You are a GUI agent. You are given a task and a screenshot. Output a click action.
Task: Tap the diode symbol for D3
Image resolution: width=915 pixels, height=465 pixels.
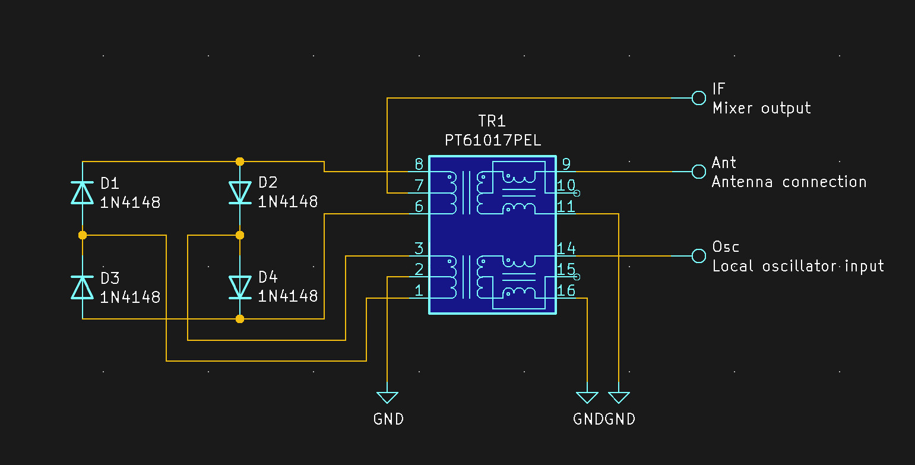point(83,287)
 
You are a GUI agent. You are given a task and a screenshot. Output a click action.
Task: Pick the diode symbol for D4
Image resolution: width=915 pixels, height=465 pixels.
point(240,287)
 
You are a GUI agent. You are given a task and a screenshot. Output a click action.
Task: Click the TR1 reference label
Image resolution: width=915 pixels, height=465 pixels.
point(492,122)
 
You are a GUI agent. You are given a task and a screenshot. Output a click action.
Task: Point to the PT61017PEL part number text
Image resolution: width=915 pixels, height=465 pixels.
point(492,141)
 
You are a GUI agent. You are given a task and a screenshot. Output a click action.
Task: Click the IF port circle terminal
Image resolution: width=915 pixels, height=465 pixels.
point(699,98)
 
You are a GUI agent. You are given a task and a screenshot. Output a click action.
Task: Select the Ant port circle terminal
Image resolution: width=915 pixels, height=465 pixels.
point(699,172)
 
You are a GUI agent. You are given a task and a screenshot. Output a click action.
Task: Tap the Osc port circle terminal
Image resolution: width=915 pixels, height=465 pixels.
point(699,256)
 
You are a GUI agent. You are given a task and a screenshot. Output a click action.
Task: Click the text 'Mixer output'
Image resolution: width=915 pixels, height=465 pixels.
point(761,108)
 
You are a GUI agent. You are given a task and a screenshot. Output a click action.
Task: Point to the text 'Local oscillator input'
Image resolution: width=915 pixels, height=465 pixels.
point(797,266)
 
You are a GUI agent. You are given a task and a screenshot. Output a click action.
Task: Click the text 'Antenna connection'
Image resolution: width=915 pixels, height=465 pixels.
point(789,182)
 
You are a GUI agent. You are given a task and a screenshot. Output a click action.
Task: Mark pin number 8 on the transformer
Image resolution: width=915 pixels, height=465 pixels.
point(419,165)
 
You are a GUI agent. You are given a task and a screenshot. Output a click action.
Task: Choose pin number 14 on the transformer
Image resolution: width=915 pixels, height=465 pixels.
point(566,249)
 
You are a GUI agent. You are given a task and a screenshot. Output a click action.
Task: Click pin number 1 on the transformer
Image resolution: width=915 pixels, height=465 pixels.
point(419,291)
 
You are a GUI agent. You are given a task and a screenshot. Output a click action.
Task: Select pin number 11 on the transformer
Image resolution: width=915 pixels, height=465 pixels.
point(566,207)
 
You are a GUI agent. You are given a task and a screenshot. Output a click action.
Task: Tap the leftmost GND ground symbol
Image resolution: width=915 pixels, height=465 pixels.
point(387,398)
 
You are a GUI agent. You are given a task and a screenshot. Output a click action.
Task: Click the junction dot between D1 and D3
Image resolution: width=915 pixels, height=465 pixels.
point(83,235)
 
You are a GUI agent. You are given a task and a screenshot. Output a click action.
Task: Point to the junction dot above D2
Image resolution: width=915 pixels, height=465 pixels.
point(240,162)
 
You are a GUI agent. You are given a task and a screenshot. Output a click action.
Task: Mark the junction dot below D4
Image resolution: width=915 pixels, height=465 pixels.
point(240,319)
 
